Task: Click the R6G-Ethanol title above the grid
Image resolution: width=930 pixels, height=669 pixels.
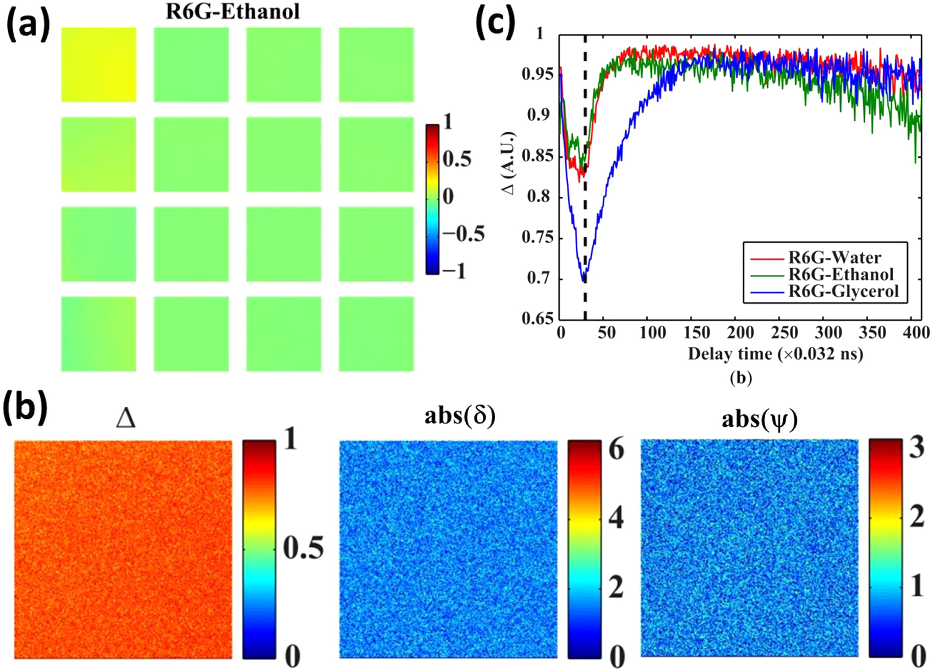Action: click(233, 11)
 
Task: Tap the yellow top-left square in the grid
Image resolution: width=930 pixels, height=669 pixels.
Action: click(99, 64)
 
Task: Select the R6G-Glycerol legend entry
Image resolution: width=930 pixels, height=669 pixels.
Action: click(843, 292)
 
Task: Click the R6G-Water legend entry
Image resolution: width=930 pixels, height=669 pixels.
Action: click(835, 257)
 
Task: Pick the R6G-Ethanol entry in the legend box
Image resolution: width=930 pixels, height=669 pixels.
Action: click(841, 275)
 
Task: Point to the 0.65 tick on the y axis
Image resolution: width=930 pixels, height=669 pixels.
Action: click(537, 319)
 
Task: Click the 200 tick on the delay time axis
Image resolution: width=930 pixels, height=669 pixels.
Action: click(740, 333)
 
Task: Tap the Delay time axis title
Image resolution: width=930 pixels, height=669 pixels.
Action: click(775, 354)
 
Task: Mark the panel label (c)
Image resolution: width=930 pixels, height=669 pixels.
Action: click(495, 23)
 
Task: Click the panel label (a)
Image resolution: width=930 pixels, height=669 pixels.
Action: click(28, 25)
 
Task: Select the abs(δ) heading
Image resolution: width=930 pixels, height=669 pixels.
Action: click(459, 417)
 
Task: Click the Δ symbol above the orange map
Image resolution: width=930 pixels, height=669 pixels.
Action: click(126, 419)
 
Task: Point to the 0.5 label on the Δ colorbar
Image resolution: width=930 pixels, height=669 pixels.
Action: click(303, 548)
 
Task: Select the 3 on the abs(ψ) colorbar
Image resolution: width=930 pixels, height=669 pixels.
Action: click(917, 448)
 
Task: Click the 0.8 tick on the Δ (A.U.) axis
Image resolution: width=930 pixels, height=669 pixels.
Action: click(538, 197)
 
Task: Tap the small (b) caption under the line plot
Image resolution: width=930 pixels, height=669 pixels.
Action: click(741, 378)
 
